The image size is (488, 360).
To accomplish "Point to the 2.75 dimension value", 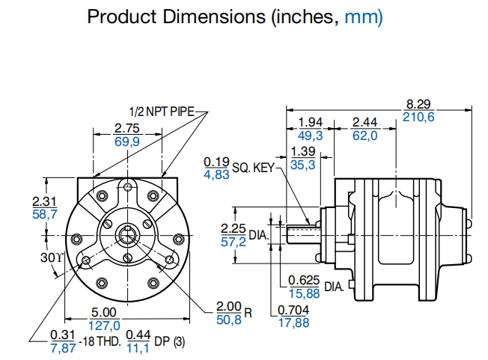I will click(127, 128).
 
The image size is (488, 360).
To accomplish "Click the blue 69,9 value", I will click(127, 141).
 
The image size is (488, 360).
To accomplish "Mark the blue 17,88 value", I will click(294, 323).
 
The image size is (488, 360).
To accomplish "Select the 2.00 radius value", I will click(229, 307).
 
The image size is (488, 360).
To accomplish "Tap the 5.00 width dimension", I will click(105, 312).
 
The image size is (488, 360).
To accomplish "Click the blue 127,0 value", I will click(105, 325).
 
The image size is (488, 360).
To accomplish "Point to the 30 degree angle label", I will click(50, 257).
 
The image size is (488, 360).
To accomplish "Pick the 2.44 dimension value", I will click(365, 122).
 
